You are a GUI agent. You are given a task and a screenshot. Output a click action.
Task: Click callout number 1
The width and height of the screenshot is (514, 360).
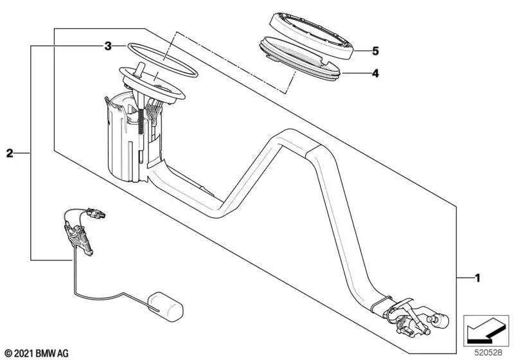pos(477,278)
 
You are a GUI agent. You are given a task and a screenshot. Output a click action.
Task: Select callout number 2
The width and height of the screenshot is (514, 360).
pos(9,153)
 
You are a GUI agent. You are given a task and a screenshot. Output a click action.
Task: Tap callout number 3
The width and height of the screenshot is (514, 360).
pos(108,46)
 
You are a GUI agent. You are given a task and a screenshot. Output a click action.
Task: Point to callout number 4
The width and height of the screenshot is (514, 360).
pos(375,73)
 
